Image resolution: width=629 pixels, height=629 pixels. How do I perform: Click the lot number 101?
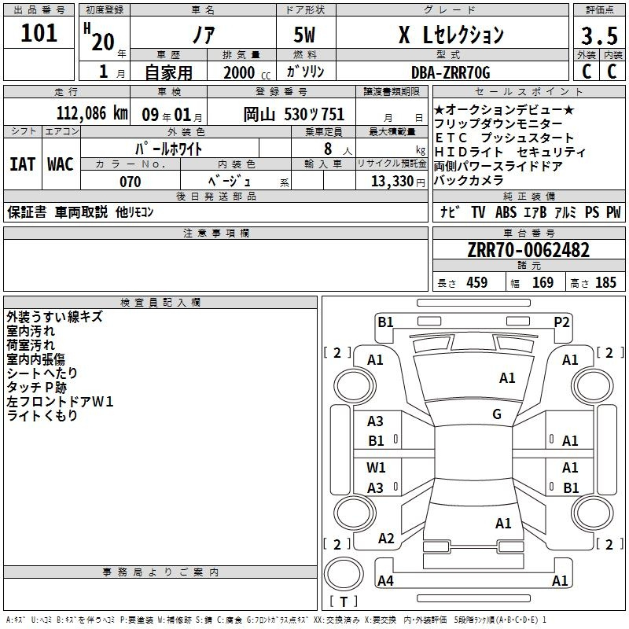pos(39,33)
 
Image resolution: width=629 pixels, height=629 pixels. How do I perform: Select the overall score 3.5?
pos(599,35)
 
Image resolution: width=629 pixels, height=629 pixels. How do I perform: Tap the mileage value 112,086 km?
pos(92,113)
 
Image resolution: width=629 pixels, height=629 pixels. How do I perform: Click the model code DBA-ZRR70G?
pos(451,72)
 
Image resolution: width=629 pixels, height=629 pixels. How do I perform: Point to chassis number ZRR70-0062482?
pos(528,250)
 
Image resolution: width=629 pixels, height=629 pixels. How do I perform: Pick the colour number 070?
pos(130,182)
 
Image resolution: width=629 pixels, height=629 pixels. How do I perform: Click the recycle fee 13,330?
pos(392,182)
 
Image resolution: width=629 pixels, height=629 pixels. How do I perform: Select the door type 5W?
pos(304,35)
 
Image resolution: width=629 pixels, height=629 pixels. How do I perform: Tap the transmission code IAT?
pos(22,164)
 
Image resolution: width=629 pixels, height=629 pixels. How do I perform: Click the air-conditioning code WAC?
pos(61,164)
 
